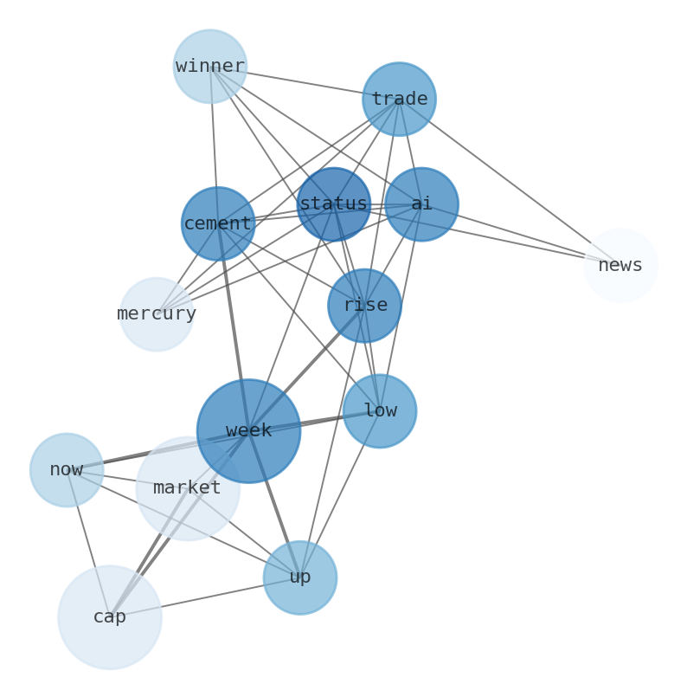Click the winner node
pyautogui.click(x=210, y=67)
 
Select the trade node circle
pyautogui.click(x=399, y=99)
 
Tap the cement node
pyautogui.click(x=218, y=223)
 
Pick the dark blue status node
pyautogui.click(x=334, y=204)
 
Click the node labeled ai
pyautogui.click(x=421, y=204)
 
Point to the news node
pyautogui.click(x=620, y=266)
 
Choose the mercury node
pyautogui.click(x=157, y=314)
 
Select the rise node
pyautogui.click(x=365, y=306)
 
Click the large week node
pyautogui.click(x=248, y=431)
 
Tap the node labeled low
pyautogui.click(x=380, y=410)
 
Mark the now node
pyautogui.click(x=67, y=470)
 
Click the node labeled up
pyautogui.click(x=300, y=578)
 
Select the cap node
pyautogui.click(x=110, y=617)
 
